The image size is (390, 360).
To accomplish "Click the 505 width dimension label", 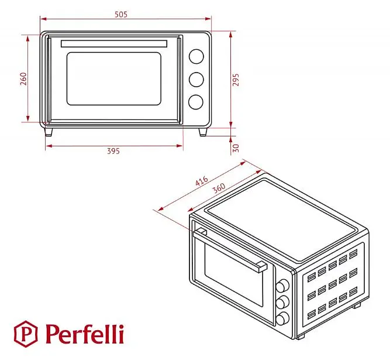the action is point(121,15).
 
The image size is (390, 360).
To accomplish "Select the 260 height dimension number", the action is point(23,78).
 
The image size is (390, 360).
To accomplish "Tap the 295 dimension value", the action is point(236,80).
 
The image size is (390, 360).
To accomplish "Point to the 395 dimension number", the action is point(113,151).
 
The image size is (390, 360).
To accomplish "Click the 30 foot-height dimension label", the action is point(236,148).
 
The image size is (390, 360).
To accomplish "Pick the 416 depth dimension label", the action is point(202,181).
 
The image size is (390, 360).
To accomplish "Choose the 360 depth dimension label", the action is point(219,188).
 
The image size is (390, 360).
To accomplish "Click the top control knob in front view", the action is point(196,57).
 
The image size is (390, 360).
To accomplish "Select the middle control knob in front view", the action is point(196,80).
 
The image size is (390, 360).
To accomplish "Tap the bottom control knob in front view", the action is point(196,102).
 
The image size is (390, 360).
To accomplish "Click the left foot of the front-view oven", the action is point(49,132).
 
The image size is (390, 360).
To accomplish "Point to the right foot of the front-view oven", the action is point(203,132).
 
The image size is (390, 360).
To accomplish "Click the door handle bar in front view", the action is point(114,43).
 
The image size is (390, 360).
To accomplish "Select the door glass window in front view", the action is point(114,78).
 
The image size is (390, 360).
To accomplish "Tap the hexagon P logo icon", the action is point(25,334).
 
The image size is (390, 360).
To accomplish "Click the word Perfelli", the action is point(85,334).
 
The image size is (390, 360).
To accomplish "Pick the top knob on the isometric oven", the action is point(282,285).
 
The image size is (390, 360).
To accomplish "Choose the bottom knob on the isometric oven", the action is point(282,318).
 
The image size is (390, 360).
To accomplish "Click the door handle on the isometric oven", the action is point(230,250).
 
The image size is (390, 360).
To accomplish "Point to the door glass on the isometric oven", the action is point(234,275).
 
